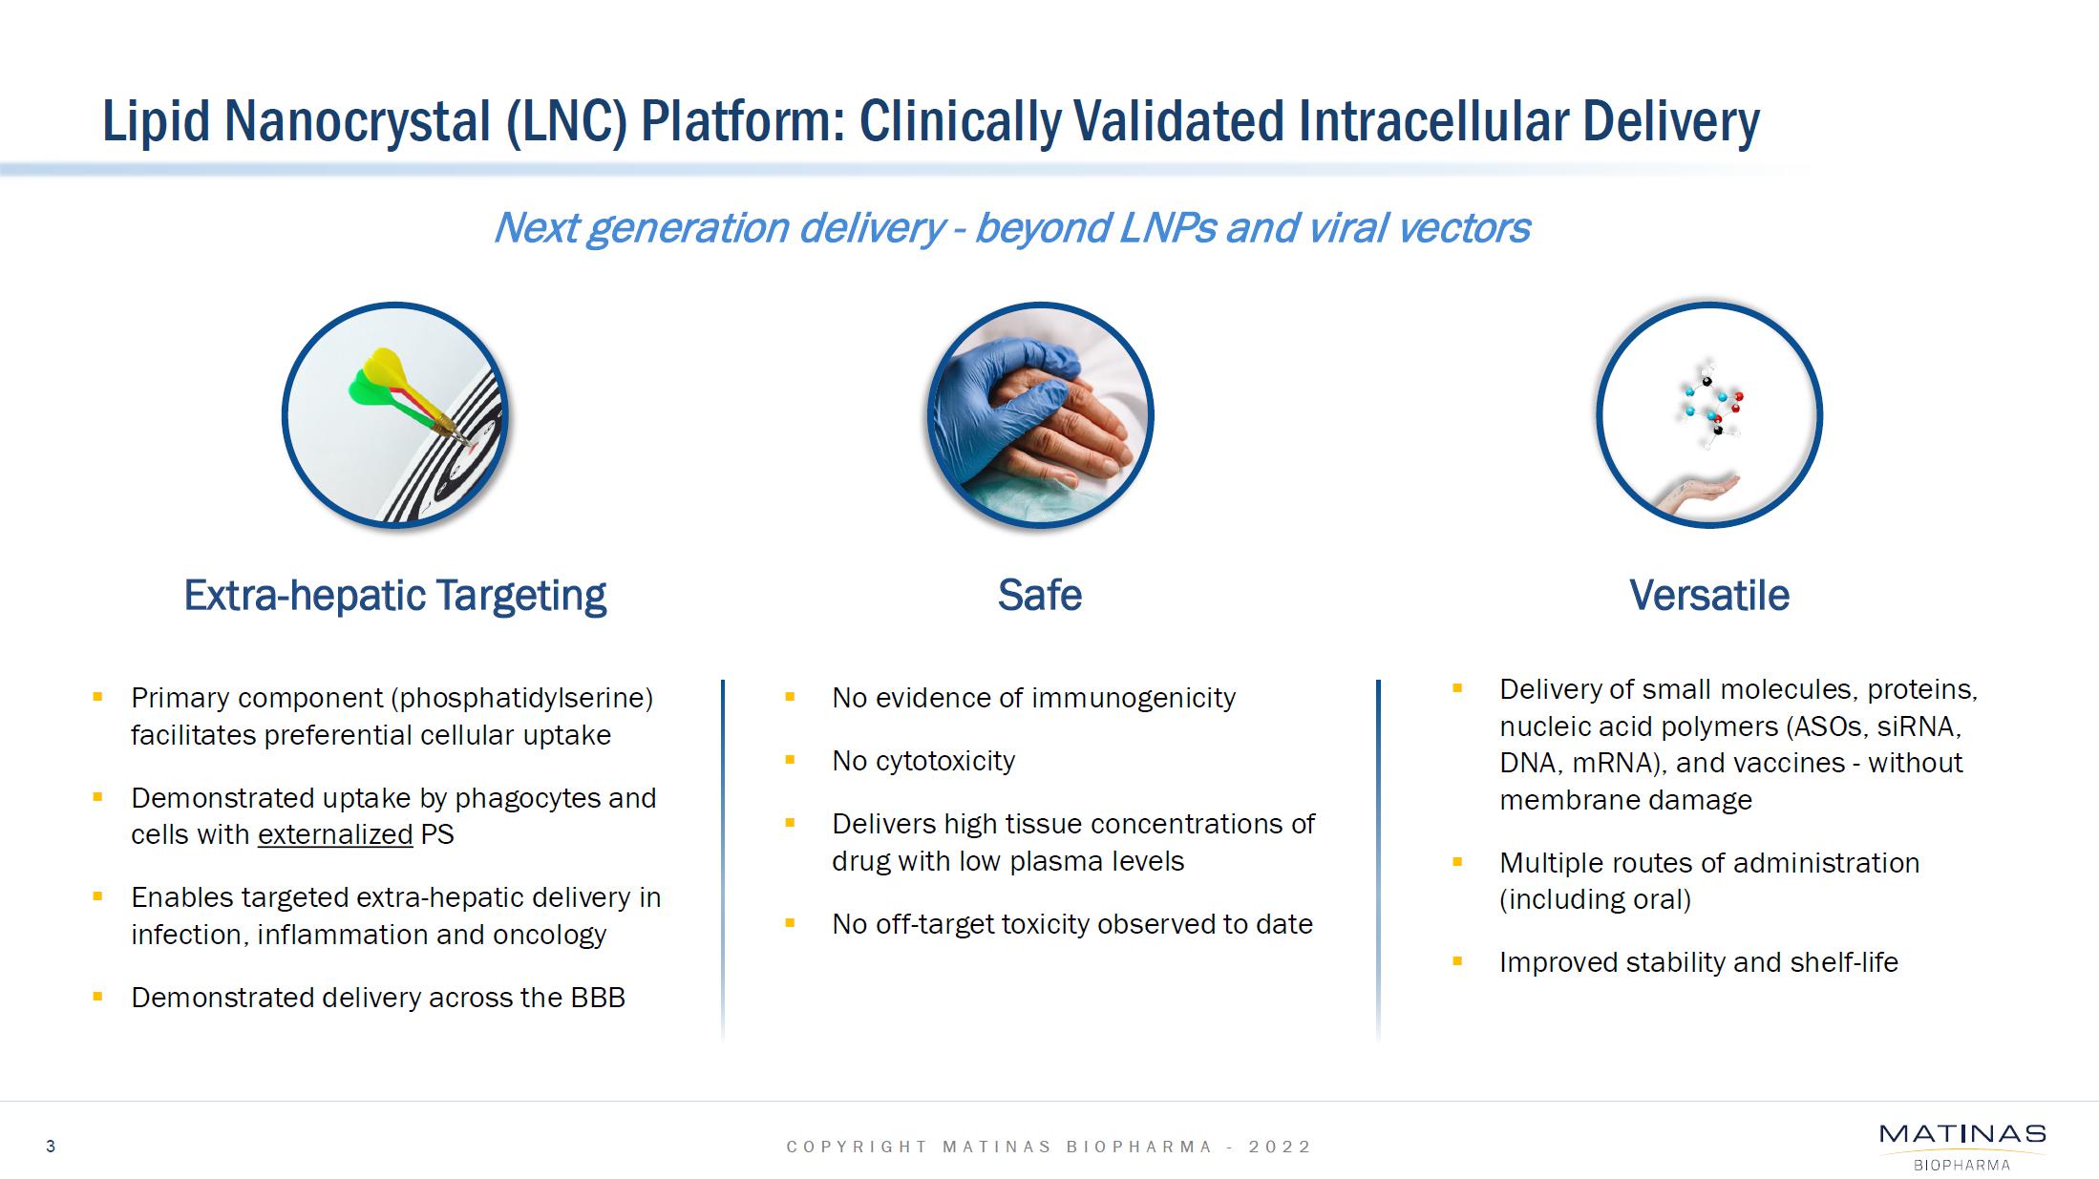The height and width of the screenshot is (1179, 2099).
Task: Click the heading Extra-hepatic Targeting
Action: pyautogui.click(x=394, y=596)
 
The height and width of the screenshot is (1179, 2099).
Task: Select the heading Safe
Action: pyautogui.click(x=1040, y=596)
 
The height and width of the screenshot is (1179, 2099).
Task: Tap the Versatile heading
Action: pyautogui.click(x=1709, y=596)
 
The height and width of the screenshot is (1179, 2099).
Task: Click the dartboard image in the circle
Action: pyautogui.click(x=395, y=415)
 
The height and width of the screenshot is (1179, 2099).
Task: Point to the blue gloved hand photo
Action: pyautogui.click(x=1040, y=415)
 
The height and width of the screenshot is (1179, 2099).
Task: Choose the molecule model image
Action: pyautogui.click(x=1709, y=415)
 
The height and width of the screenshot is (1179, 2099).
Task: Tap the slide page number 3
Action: pyautogui.click(x=51, y=1147)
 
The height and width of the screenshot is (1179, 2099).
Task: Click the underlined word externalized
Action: pyautogui.click(x=335, y=834)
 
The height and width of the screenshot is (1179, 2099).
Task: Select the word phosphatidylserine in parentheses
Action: pyautogui.click(x=521, y=699)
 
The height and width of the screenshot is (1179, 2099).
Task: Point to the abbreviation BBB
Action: pyautogui.click(x=598, y=998)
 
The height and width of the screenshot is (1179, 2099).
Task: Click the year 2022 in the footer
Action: pyautogui.click(x=1281, y=1147)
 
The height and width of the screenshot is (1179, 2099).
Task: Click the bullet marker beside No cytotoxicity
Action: pyautogui.click(x=790, y=761)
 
